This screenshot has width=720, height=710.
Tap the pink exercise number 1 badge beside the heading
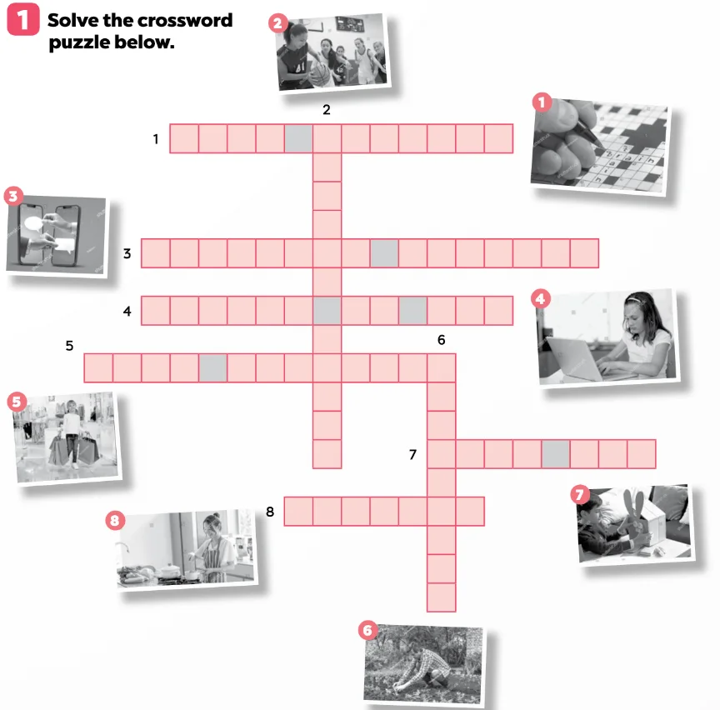coord(23,19)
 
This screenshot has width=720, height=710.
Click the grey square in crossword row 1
coord(298,138)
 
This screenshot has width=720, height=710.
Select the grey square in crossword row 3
coord(384,253)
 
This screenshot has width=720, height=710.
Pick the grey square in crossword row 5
coord(212,367)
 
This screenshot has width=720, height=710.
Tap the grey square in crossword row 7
coord(556,453)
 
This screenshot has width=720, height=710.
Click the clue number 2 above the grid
coord(327,110)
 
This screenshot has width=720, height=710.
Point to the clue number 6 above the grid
coord(442,340)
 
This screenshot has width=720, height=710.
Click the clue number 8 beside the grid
coord(270,511)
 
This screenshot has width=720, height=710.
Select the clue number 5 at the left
coord(69,345)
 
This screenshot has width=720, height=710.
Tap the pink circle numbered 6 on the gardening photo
coord(367,630)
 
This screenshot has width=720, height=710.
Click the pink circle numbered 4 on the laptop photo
coord(540,299)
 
